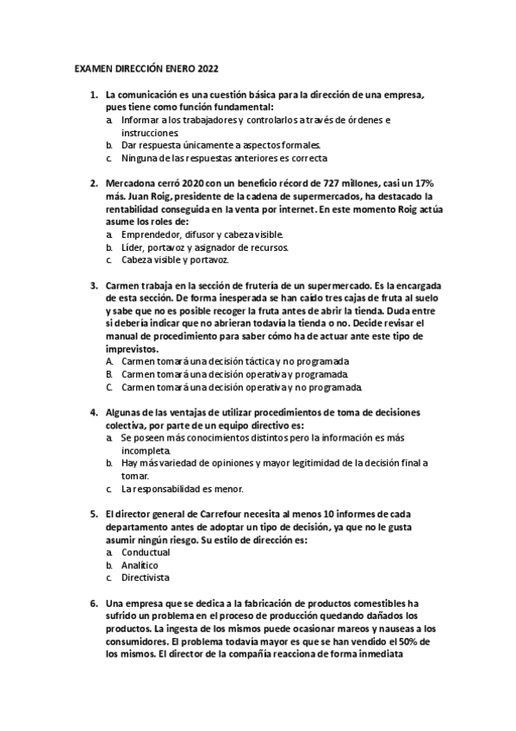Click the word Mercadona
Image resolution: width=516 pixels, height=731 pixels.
point(130,184)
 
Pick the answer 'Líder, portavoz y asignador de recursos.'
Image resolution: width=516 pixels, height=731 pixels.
point(204,247)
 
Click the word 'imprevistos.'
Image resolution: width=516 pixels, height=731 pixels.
point(131,350)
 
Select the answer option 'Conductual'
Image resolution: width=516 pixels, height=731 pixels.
point(146,553)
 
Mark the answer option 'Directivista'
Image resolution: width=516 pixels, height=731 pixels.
point(146,578)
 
